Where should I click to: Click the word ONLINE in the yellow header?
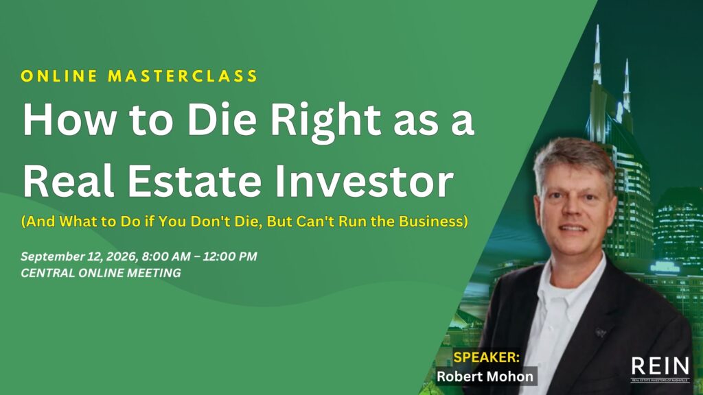pyautogui.click(x=59, y=76)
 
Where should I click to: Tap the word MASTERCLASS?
pyautogui.click(x=183, y=76)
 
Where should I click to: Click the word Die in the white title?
pyautogui.click(x=222, y=121)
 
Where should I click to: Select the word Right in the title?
pyautogui.click(x=326, y=123)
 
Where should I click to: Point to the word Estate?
pyautogui.click(x=194, y=181)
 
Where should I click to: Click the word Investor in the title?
pyautogui.click(x=364, y=181)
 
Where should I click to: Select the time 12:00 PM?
pyautogui.click(x=230, y=256)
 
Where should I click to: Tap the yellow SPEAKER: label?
pyautogui.click(x=487, y=357)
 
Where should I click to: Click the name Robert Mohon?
pyautogui.click(x=485, y=376)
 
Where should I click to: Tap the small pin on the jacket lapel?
pyautogui.click(x=600, y=333)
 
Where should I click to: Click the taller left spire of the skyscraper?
pyautogui.click(x=597, y=53)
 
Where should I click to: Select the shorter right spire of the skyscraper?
pyautogui.click(x=626, y=83)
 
